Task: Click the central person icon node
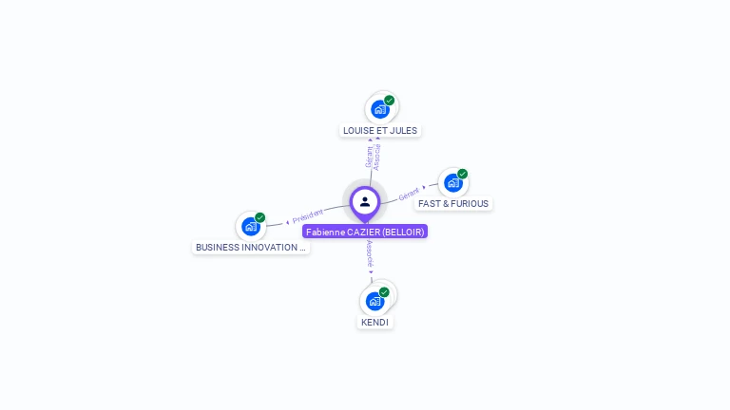pos(365,201)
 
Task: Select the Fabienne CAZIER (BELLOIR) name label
pos(365,232)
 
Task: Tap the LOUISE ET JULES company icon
pos(380,109)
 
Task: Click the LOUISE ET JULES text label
pos(380,131)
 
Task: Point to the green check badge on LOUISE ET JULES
pos(389,100)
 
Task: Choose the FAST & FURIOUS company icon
pos(452,182)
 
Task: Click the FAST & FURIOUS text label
pos(453,204)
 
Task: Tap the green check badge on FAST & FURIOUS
pos(462,174)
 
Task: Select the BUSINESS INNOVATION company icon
pos(250,226)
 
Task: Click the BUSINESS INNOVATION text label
pos(251,248)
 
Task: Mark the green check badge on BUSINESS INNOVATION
pos(259,217)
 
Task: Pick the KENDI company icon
pos(375,301)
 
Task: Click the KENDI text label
pos(375,323)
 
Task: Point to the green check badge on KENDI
pos(384,292)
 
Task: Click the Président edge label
pos(308,216)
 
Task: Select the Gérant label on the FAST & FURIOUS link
pos(409,194)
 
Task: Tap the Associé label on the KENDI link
pos(370,253)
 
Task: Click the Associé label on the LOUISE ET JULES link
pos(377,157)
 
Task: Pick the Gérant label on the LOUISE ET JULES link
pos(370,157)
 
